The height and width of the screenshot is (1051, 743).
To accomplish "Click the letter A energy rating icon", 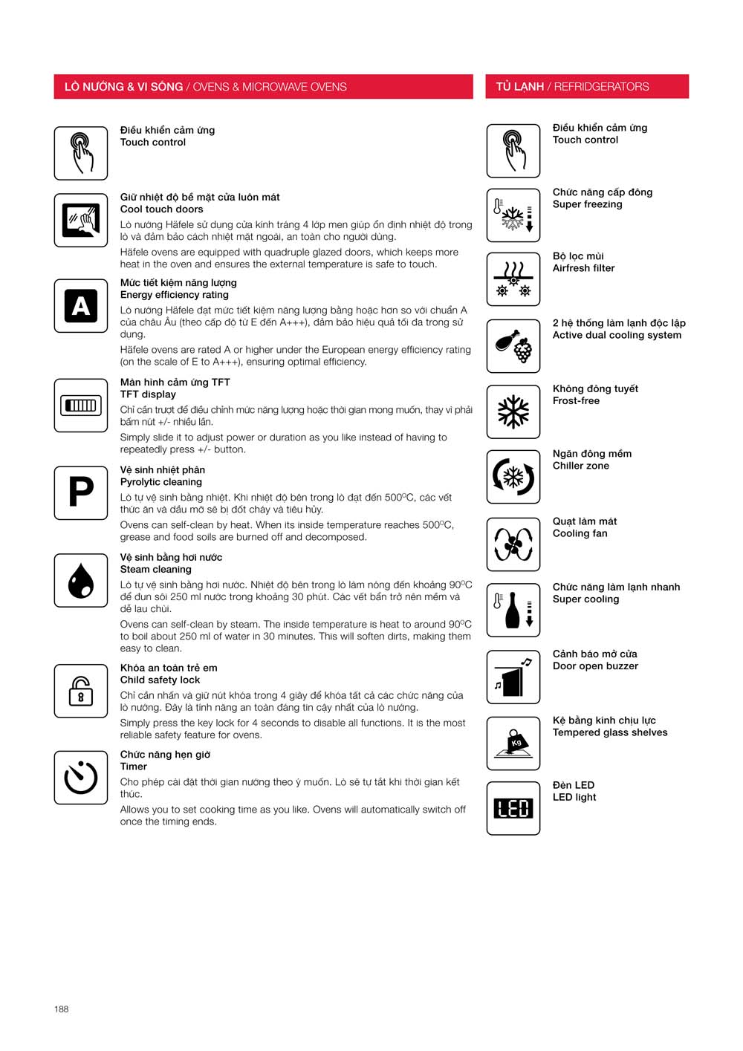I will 81,305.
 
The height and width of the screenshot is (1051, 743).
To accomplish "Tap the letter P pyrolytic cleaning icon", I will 81,492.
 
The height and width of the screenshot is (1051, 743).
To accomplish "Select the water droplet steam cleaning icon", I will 81,580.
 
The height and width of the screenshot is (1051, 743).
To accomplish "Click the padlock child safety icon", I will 81,691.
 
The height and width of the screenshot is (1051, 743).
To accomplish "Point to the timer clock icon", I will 81,778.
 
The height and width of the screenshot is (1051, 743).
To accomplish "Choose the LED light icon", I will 513,808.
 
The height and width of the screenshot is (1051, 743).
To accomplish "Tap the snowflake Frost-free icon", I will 513,411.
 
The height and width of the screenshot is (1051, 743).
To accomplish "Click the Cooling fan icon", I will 513,544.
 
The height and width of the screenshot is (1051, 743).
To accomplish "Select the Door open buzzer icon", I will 513,677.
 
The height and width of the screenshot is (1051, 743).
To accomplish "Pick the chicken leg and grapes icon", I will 513,346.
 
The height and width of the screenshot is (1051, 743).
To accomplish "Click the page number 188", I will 61,1009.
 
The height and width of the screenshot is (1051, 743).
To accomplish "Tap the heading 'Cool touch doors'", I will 161,209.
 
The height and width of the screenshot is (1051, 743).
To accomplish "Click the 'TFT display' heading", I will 148,394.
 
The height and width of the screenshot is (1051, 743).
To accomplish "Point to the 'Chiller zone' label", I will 580,466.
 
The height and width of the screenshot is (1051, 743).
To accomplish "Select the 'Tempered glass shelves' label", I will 609,732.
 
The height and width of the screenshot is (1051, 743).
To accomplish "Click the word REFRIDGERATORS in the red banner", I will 601,87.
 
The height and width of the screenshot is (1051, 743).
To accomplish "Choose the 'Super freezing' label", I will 587,204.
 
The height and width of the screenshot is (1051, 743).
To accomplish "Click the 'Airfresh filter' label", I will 583,268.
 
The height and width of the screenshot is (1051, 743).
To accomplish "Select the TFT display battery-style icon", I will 81,406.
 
